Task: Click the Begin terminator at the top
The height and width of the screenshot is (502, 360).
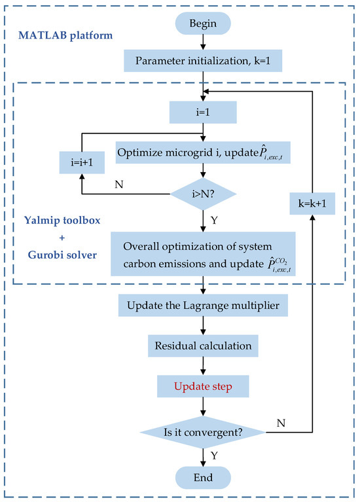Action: click(204, 26)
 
